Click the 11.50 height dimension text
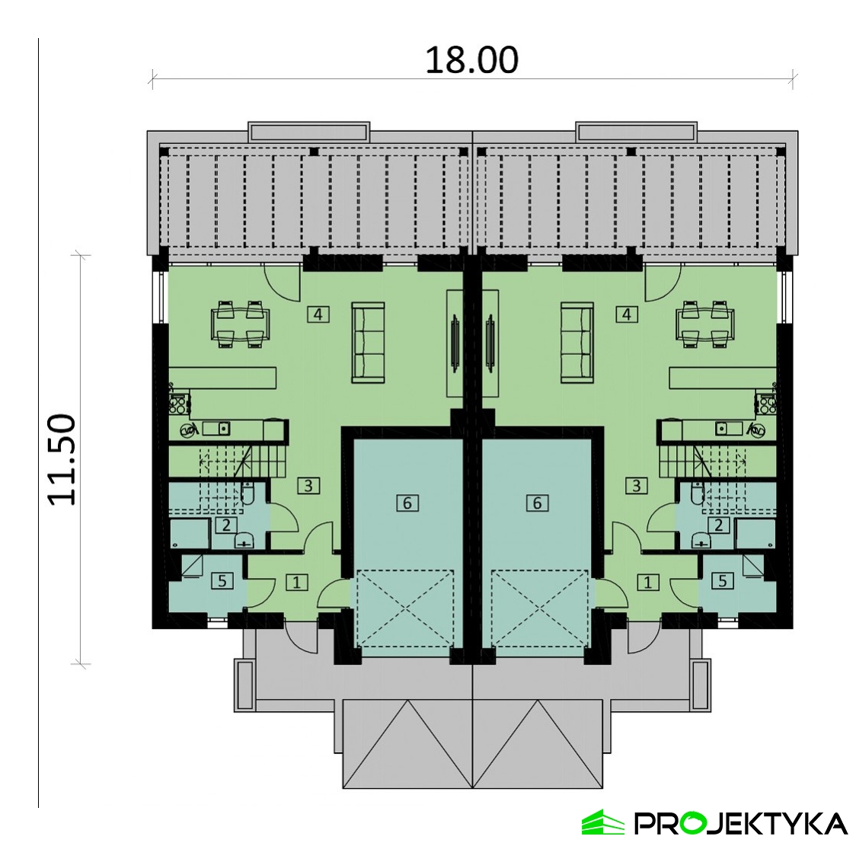point(62,460)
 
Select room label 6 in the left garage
point(407,502)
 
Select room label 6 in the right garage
point(538,502)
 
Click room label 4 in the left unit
point(318,314)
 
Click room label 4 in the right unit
point(626,314)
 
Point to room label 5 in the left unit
point(222,581)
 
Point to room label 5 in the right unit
point(723,581)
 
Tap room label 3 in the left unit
point(308,485)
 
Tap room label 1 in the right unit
point(648,583)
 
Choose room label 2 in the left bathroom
point(226,525)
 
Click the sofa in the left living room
point(368,343)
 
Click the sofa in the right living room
point(577,343)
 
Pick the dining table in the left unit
point(241,324)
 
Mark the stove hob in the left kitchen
point(178,403)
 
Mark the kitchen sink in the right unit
point(728,429)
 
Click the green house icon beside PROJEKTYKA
point(602,822)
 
